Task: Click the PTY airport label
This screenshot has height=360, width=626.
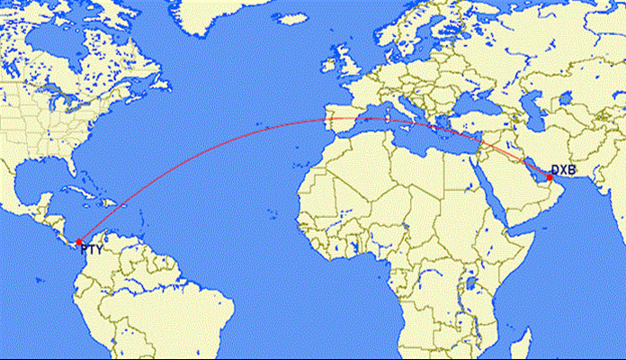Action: (92, 250)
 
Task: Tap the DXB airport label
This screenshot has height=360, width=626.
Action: (563, 169)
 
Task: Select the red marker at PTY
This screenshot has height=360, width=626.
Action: (79, 241)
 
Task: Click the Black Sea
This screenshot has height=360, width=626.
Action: (454, 104)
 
